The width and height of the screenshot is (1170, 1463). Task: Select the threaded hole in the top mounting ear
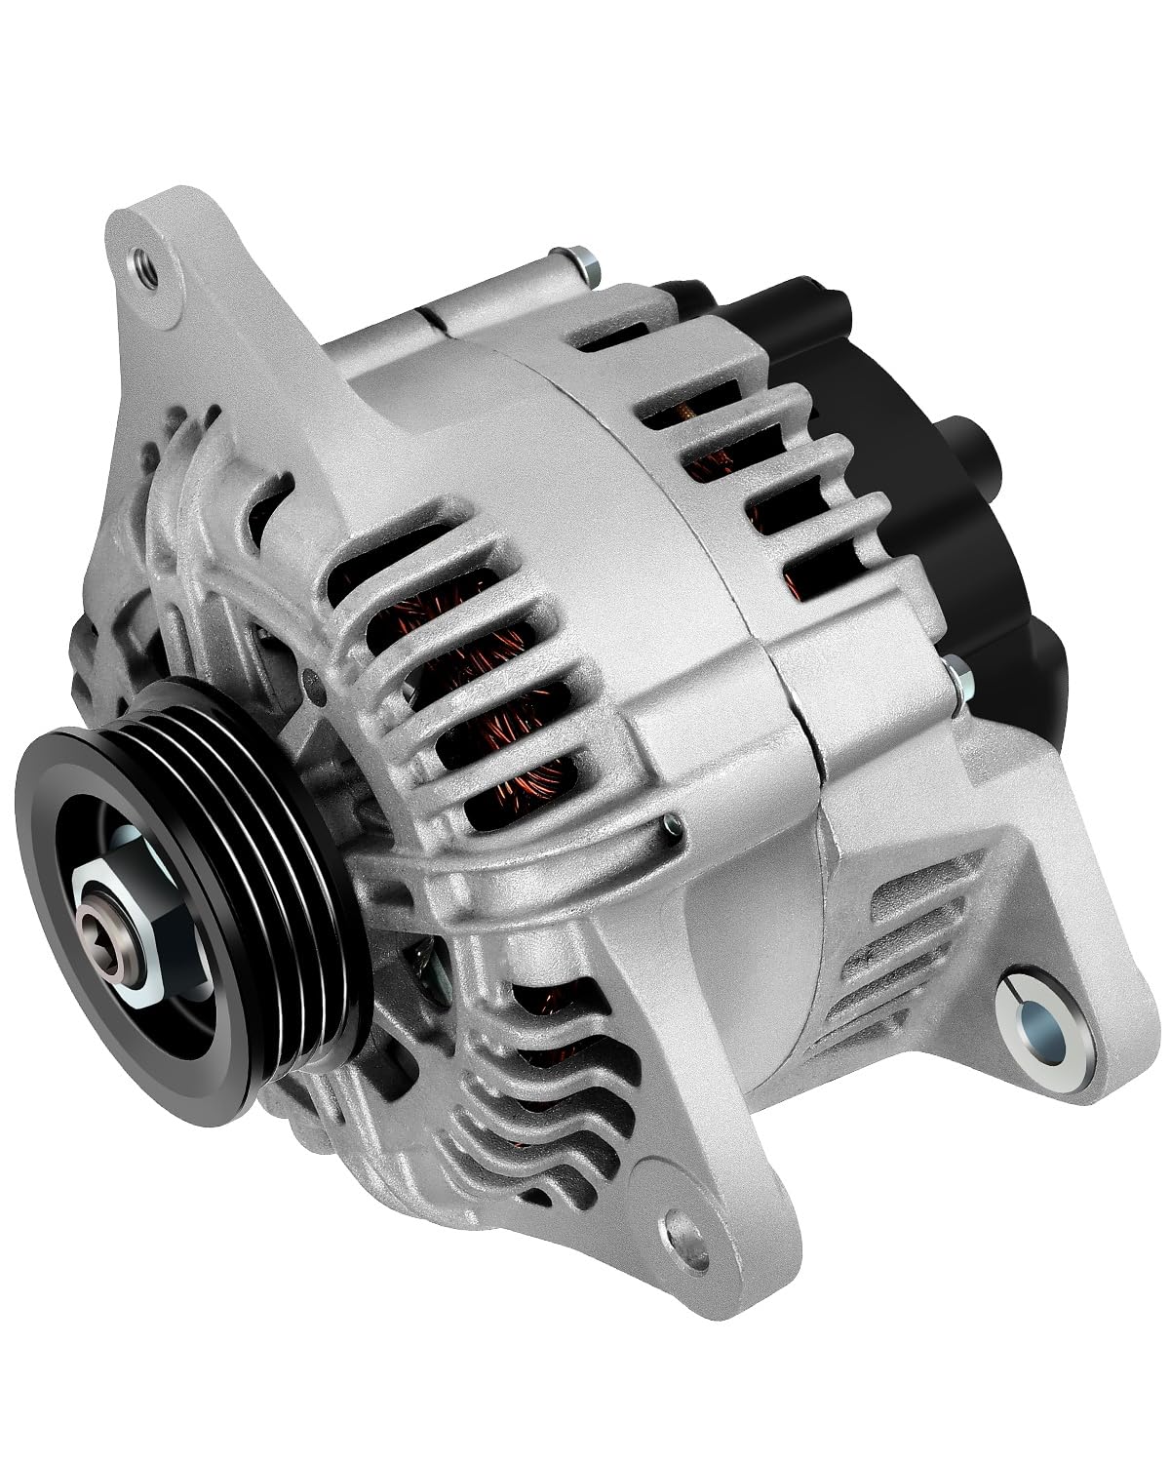tap(144, 264)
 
